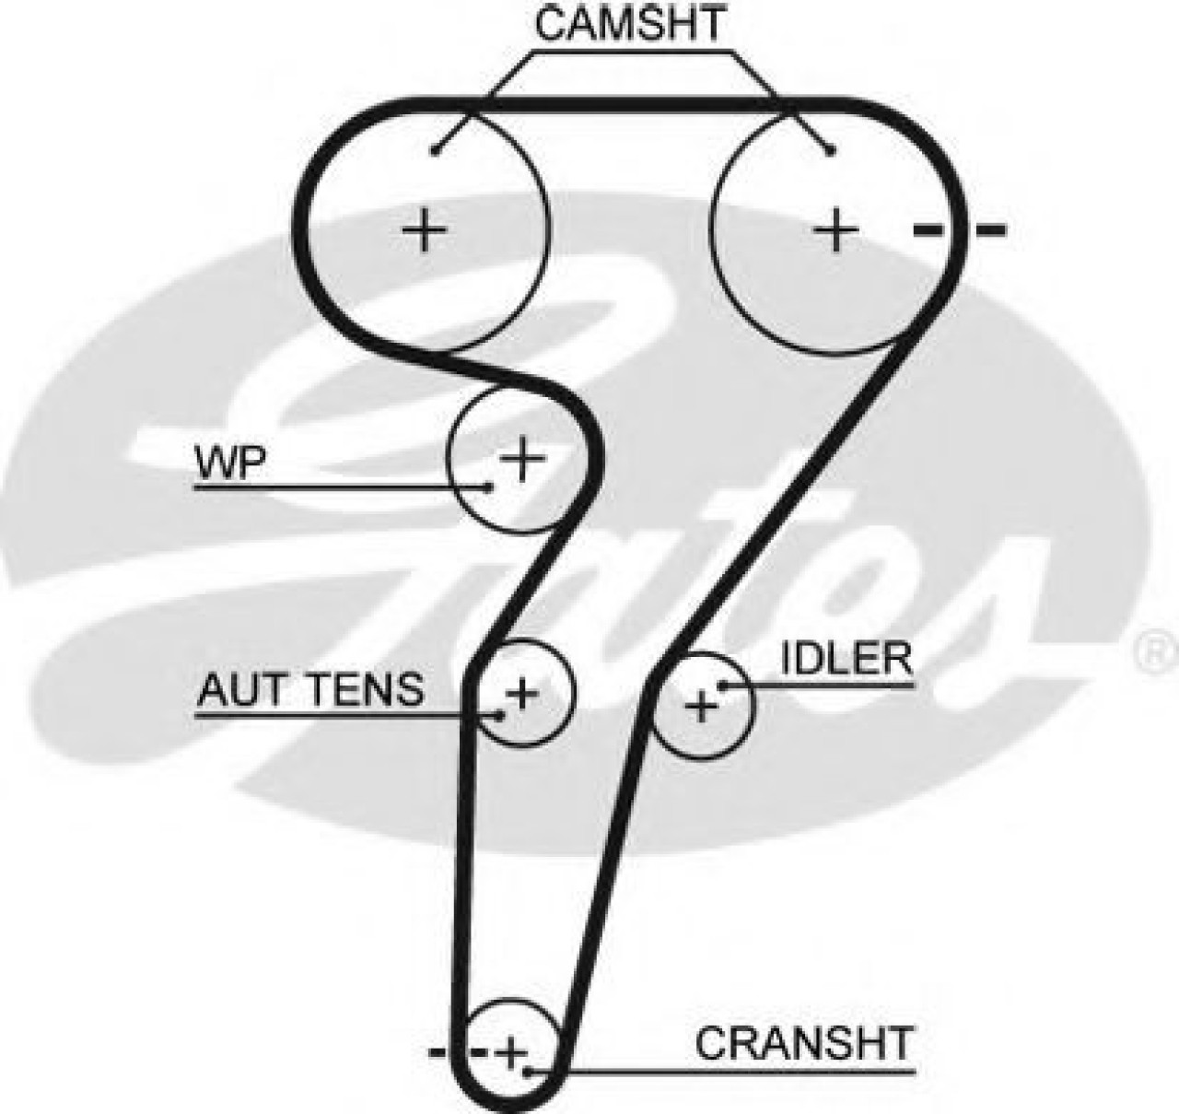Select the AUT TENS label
[x=311, y=688]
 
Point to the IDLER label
[x=846, y=660]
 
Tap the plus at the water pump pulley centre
[x=522, y=457]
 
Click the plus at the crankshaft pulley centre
[x=511, y=1050]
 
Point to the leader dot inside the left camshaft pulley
[x=435, y=150]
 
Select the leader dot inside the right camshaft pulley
[x=831, y=150]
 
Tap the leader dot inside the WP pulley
[x=490, y=486]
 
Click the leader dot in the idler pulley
[x=723, y=685]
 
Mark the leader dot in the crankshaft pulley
[x=527, y=1072]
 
